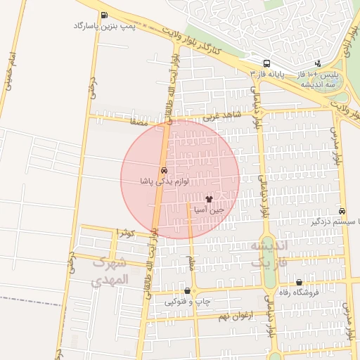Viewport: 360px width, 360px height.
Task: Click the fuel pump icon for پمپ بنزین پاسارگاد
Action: point(105,15)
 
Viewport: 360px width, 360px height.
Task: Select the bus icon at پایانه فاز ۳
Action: point(266,63)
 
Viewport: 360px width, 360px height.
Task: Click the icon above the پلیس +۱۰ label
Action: point(318,63)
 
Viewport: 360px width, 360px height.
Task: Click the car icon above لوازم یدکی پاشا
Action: point(164,170)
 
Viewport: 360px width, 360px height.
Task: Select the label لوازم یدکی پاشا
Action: point(164,181)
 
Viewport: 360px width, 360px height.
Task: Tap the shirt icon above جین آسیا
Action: point(209,199)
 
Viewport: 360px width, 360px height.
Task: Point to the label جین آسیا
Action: point(209,210)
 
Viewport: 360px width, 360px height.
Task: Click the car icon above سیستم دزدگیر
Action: point(342,210)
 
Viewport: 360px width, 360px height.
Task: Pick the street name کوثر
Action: point(125,232)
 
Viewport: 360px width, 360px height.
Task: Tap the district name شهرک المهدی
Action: point(110,271)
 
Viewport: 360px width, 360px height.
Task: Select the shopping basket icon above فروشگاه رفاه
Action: point(299,282)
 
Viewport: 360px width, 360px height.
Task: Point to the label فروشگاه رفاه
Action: point(299,292)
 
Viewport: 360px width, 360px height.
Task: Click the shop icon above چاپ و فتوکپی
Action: point(187,290)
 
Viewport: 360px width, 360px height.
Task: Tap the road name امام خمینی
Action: point(9,70)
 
